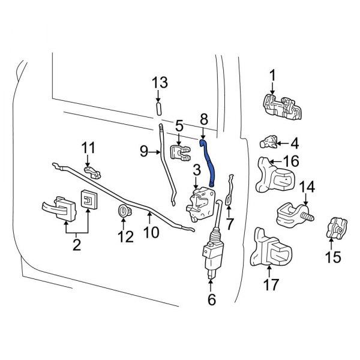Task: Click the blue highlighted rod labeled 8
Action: (209, 162)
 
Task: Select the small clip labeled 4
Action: (269, 142)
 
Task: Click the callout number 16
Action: (290, 161)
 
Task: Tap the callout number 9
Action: (144, 152)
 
